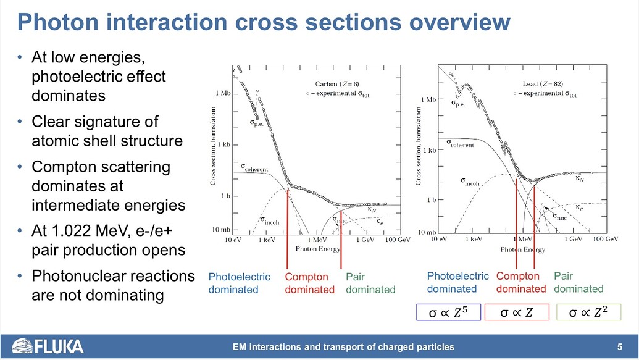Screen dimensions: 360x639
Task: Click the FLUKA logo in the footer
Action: click(x=48, y=346)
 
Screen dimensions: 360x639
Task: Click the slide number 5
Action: click(x=619, y=346)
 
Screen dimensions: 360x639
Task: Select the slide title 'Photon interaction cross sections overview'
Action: click(x=264, y=23)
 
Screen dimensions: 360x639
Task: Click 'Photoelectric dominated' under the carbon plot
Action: click(x=240, y=283)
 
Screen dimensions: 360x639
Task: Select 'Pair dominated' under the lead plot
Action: click(x=578, y=282)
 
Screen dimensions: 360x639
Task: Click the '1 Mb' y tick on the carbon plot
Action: click(x=223, y=93)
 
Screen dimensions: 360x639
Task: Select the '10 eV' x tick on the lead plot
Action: click(x=438, y=238)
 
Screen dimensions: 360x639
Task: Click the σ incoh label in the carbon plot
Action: click(x=269, y=220)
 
